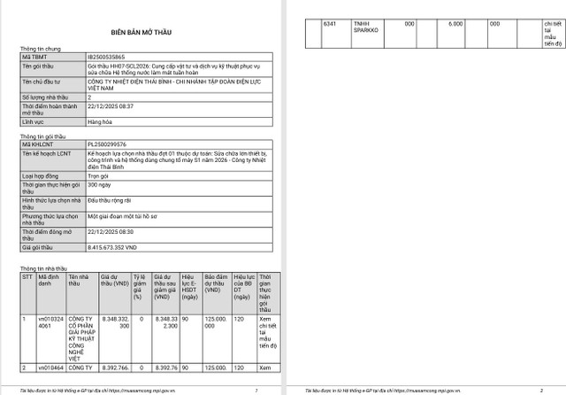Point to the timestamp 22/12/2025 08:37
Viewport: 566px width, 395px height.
click(x=111, y=105)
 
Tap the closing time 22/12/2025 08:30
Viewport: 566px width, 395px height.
click(x=111, y=230)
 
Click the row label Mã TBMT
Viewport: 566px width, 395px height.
click(x=34, y=56)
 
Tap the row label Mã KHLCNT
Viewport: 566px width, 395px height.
click(x=36, y=143)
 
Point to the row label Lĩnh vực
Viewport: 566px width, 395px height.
click(x=34, y=120)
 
